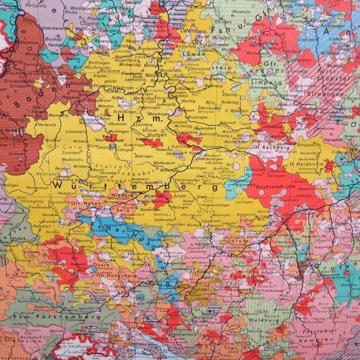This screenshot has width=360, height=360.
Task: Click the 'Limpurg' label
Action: (264, 83)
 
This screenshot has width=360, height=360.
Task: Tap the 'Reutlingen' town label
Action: (161, 201)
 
